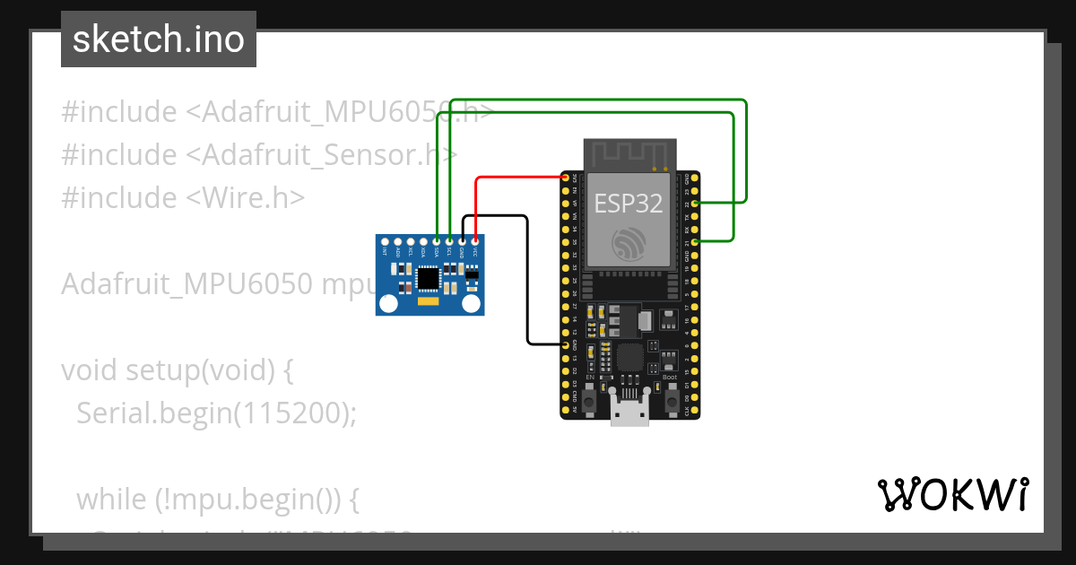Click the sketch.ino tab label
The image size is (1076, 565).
tap(159, 39)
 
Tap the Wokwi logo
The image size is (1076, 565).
tap(952, 495)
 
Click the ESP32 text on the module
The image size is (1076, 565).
tap(629, 204)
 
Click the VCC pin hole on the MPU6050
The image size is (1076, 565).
tap(473, 241)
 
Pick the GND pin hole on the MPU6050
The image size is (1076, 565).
tap(461, 241)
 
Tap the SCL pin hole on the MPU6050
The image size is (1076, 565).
tap(448, 241)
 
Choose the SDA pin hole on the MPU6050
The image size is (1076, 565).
tap(436, 241)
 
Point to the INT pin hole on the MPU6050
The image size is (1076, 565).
tap(385, 241)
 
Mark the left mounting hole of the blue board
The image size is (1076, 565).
tap(388, 304)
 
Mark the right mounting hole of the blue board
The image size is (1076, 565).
tap(471, 304)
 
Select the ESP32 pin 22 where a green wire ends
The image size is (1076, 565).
tap(696, 204)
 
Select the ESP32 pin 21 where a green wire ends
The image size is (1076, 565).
tap(696, 241)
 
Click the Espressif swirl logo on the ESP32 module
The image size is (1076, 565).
tap(629, 244)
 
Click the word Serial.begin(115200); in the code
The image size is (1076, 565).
tap(216, 413)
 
